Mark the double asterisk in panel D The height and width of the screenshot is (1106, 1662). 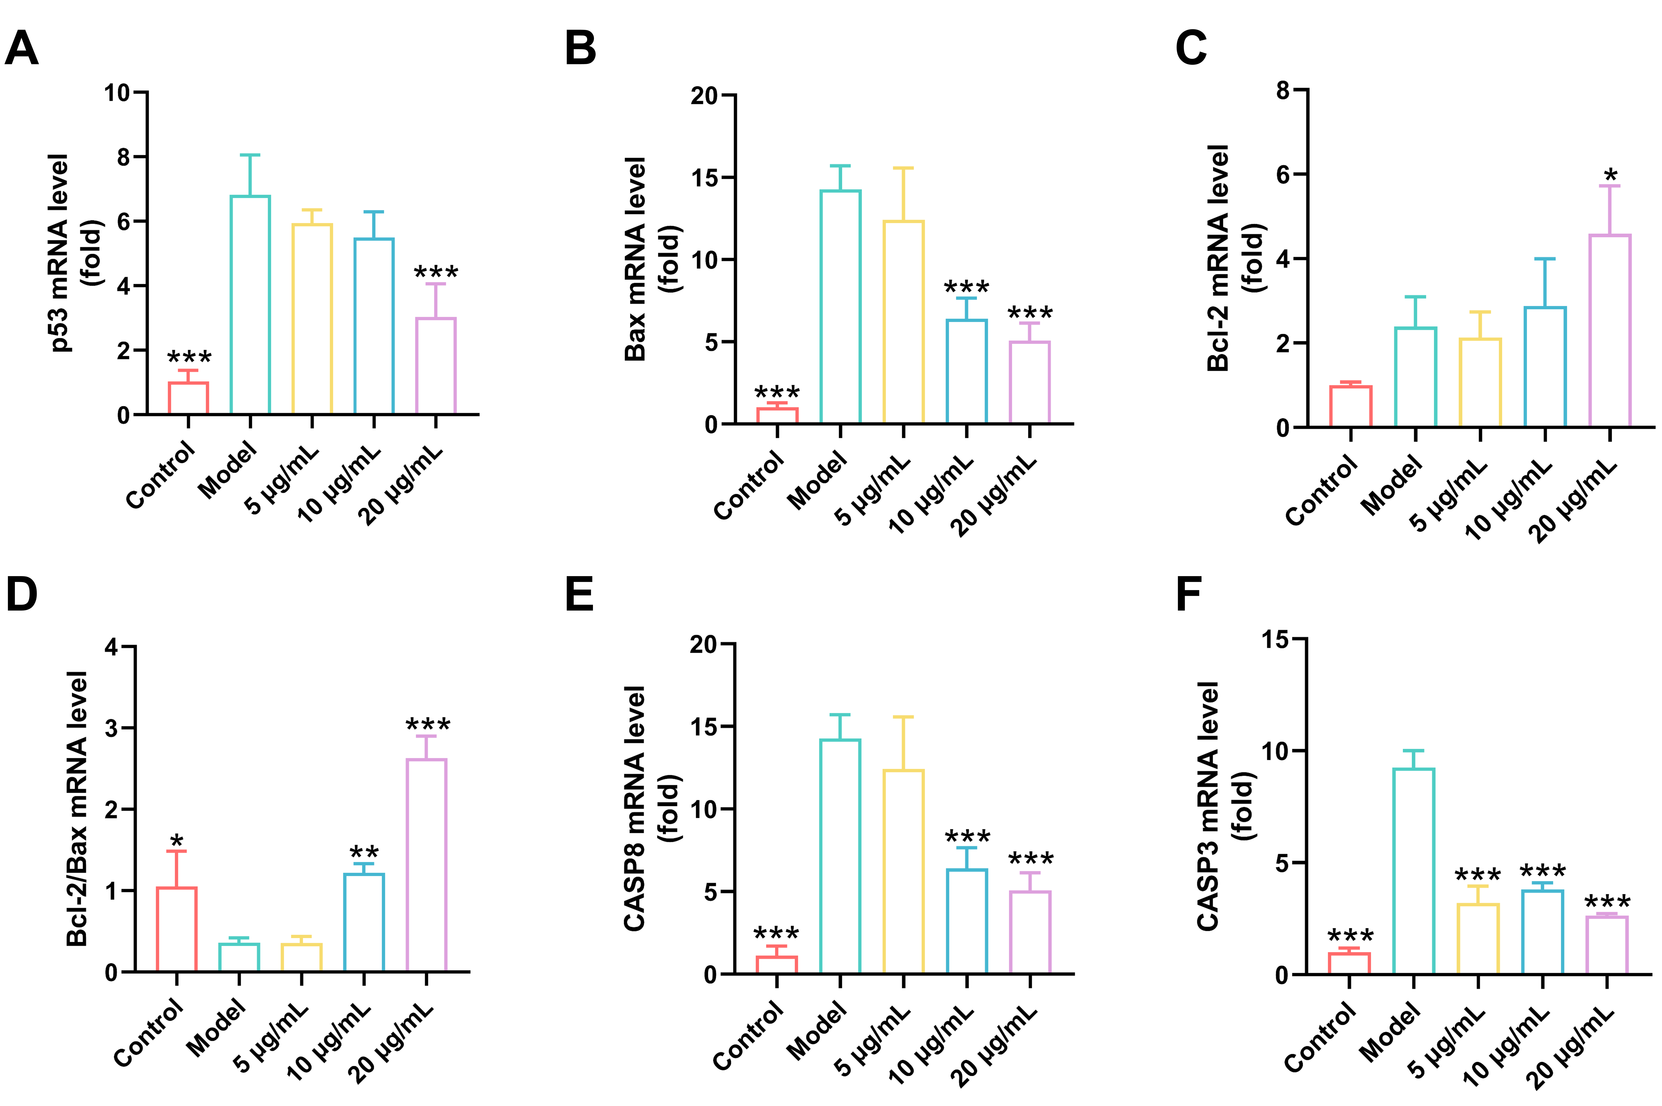(364, 852)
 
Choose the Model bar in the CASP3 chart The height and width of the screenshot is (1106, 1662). (1413, 871)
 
